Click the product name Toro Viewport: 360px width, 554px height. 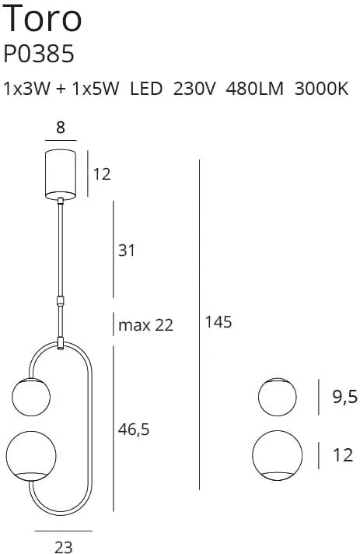tap(43, 18)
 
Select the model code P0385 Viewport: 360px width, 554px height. tap(39, 54)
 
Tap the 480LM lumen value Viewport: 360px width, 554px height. tap(254, 89)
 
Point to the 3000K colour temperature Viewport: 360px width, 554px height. tap(321, 89)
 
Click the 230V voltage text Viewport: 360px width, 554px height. tap(194, 89)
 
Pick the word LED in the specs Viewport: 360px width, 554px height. tap(146, 89)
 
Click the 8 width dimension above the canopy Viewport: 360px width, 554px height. tap(61, 127)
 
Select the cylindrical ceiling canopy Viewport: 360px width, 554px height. tap(61, 173)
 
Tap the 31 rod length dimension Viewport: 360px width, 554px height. tap(127, 251)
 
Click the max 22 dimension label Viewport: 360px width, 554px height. tap(145, 325)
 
